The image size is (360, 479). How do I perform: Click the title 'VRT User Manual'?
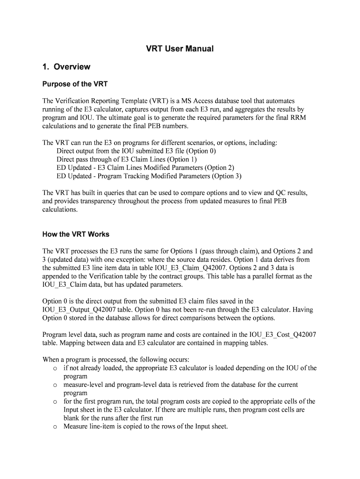(x=180, y=49)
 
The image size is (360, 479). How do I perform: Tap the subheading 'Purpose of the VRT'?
(x=75, y=85)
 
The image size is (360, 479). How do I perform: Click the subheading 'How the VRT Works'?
(x=76, y=234)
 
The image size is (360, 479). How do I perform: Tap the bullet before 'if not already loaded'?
(x=55, y=368)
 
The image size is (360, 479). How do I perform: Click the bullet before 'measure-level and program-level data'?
(x=55, y=385)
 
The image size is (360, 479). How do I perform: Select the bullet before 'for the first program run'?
(x=55, y=402)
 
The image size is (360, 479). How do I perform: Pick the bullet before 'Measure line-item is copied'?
(x=55, y=427)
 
